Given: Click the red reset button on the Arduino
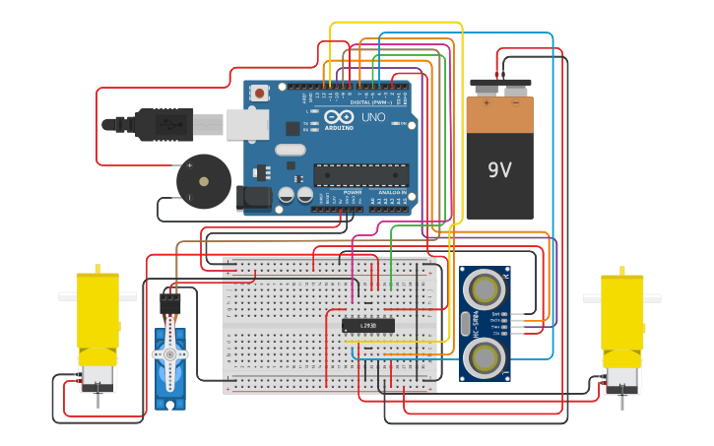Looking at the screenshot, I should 259,94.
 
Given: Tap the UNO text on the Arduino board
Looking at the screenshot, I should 373,117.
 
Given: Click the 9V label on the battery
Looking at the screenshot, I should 499,169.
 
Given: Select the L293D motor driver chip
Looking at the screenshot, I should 367,325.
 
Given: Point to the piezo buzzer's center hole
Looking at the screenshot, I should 204,181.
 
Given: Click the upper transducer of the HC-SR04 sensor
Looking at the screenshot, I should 485,288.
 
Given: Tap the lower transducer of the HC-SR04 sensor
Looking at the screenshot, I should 485,356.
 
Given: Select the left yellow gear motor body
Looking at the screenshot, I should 97,315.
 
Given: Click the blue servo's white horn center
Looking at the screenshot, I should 169,353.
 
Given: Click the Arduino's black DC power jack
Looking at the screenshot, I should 255,198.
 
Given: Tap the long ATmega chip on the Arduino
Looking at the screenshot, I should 360,175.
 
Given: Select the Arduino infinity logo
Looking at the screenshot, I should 339,116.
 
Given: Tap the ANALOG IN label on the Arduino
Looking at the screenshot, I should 392,193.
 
